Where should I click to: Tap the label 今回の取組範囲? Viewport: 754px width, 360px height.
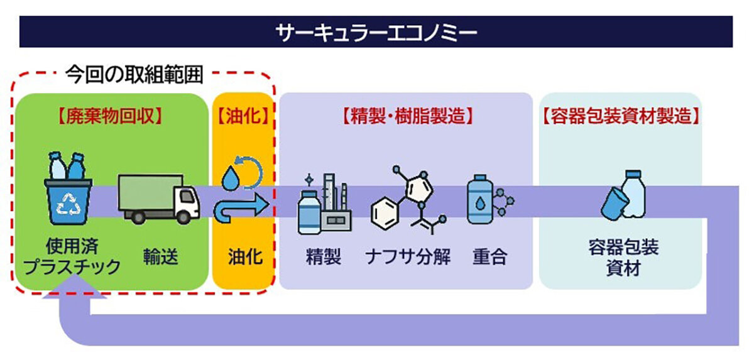134,75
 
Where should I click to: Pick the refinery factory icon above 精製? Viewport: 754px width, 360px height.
324,202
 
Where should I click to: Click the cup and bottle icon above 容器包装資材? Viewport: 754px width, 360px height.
623,197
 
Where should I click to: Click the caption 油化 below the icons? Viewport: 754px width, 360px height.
244,257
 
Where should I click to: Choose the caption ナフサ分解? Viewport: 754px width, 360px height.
408,257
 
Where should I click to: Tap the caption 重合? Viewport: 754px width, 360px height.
489,257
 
